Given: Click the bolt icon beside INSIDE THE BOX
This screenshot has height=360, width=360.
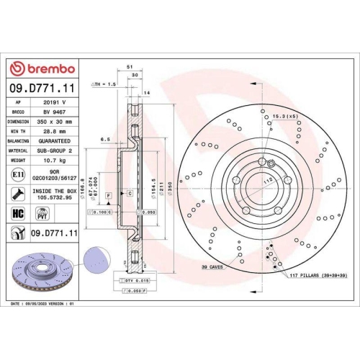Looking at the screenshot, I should point(16,193).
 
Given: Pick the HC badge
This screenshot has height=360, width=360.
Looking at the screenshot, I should point(16,213).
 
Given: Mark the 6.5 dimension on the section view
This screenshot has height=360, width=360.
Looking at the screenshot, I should point(104,139).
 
